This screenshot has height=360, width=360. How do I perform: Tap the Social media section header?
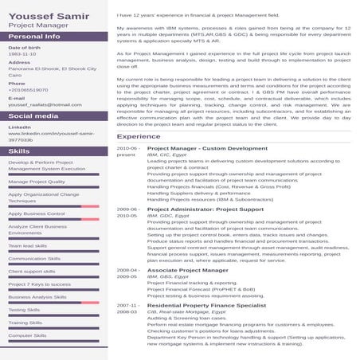click(x=33, y=115)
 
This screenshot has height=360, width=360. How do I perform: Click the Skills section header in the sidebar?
click(x=19, y=151)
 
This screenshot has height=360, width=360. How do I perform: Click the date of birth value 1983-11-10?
click(x=22, y=54)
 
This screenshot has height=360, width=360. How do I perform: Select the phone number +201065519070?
click(x=28, y=89)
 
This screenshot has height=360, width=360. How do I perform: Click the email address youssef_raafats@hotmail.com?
click(x=45, y=104)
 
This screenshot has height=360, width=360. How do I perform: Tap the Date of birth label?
click(x=24, y=48)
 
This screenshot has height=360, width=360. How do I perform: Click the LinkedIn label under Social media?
click(x=20, y=127)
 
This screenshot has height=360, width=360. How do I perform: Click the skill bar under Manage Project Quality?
click(x=53, y=189)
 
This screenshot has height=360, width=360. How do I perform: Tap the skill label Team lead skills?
click(x=29, y=245)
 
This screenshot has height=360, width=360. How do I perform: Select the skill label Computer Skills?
click(x=28, y=335)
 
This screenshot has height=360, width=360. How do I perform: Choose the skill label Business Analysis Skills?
click(x=37, y=297)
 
